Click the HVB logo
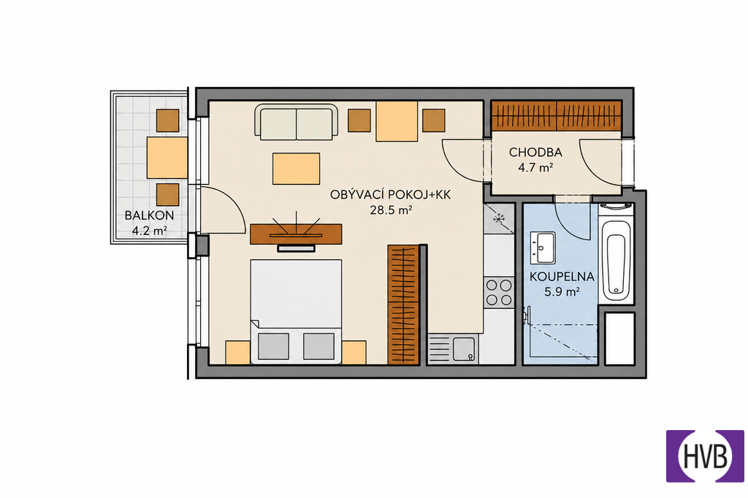tap(705, 456)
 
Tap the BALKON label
tap(149, 215)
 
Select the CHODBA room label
tap(535, 153)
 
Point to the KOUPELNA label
tap(562, 277)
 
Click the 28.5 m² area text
tap(392, 210)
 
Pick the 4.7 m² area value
tap(535, 168)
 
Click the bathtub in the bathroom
tap(616, 261)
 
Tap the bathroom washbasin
tap(542, 248)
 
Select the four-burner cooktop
tap(499, 292)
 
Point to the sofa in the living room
tap(297, 122)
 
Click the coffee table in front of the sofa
tap(297, 169)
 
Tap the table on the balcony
tap(167, 158)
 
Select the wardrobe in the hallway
tap(557, 115)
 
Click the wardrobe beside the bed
tap(403, 304)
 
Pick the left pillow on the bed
tap(273, 346)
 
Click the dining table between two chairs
tap(397, 121)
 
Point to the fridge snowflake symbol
tap(499, 219)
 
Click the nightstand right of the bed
tap(354, 353)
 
